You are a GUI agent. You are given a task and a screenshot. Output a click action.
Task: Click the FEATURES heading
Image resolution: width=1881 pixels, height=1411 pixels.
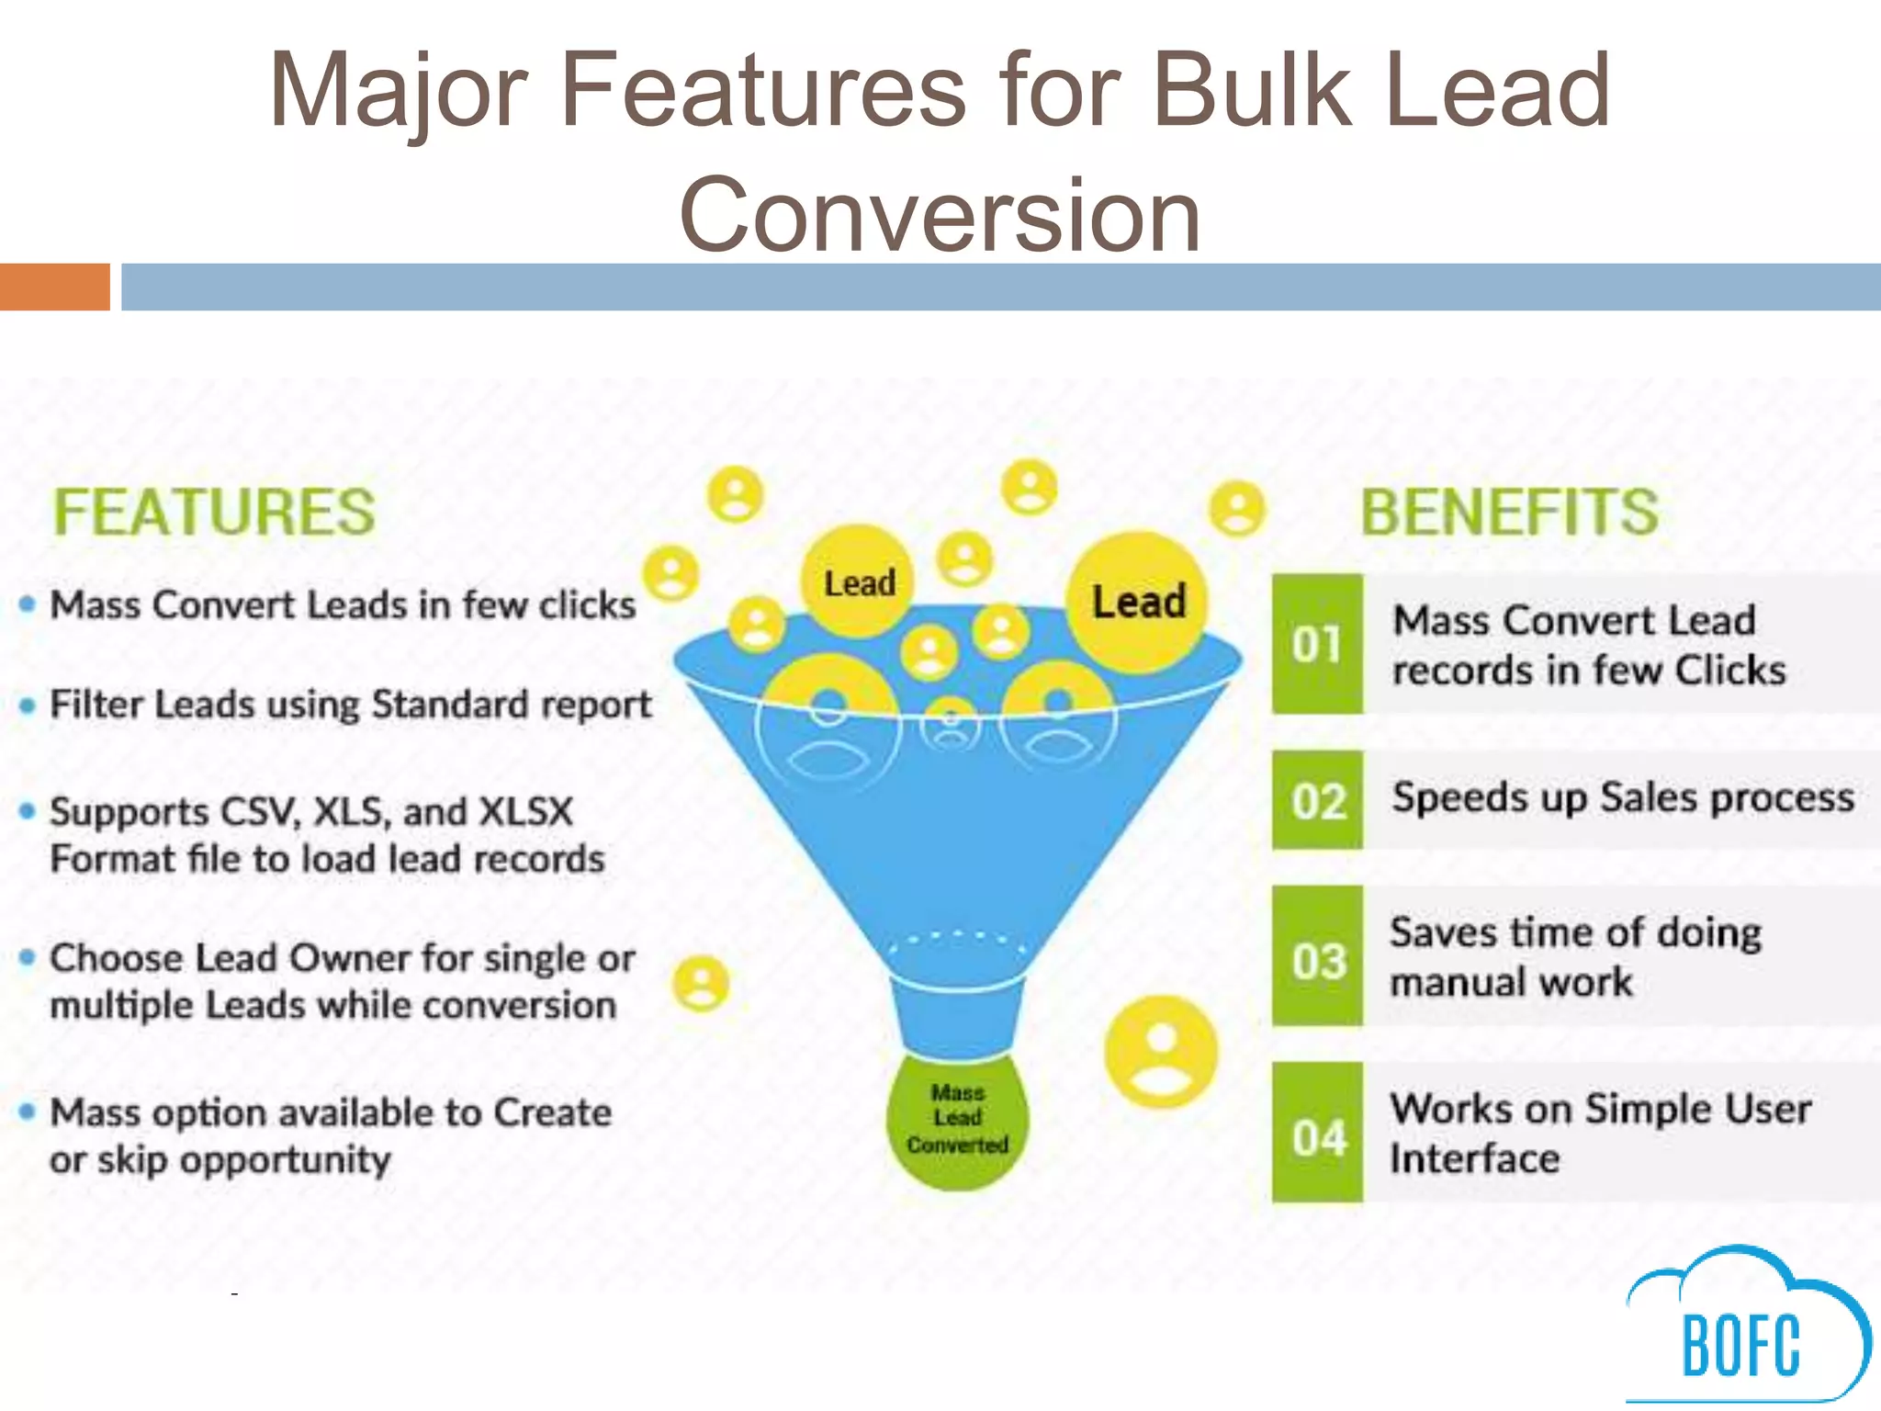(x=214, y=512)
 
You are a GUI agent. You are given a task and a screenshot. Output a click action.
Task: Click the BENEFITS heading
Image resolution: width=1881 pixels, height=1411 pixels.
(x=1509, y=512)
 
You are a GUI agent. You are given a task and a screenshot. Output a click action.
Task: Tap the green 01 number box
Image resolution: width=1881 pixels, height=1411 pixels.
(x=1317, y=644)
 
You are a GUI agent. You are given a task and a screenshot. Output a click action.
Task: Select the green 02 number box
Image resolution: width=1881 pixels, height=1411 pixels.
(x=1317, y=800)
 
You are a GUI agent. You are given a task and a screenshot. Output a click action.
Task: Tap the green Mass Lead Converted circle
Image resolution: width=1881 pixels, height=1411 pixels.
(x=957, y=1121)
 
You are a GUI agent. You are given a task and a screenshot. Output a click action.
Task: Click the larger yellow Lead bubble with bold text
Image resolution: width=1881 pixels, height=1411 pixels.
(x=1138, y=603)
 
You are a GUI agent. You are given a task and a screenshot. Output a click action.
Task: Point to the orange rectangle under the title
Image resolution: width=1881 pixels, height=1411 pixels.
(x=54, y=287)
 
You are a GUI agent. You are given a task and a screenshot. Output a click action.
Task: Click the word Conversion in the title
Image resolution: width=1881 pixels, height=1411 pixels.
(x=940, y=215)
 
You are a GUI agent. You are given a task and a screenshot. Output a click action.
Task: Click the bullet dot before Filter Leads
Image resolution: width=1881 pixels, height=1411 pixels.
(x=28, y=705)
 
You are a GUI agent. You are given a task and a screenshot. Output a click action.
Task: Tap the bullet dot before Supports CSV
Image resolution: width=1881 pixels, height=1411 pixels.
(x=28, y=811)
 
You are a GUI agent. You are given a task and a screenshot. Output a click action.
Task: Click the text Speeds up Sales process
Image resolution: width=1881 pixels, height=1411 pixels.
(x=1622, y=797)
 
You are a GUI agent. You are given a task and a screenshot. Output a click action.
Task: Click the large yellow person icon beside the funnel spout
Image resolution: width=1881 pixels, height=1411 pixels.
(x=1161, y=1051)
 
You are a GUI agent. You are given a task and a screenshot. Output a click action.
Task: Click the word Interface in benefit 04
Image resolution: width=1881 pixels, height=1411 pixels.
(x=1474, y=1158)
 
